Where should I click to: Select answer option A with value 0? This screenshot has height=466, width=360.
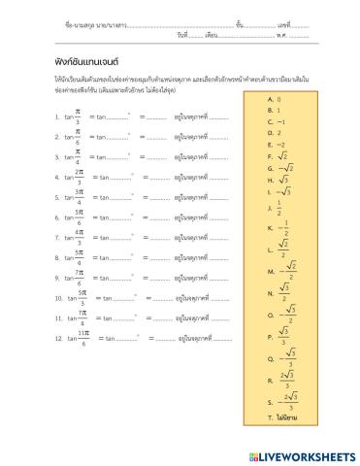pyautogui.click(x=278, y=99)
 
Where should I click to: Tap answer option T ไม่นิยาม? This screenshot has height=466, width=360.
pyautogui.click(x=284, y=416)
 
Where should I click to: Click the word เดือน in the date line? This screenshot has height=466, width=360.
pyautogui.click(x=213, y=35)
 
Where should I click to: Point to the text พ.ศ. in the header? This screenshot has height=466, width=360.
pyautogui.click(x=283, y=35)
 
